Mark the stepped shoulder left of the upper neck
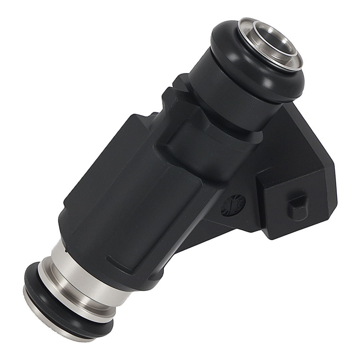tap(176, 94)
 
